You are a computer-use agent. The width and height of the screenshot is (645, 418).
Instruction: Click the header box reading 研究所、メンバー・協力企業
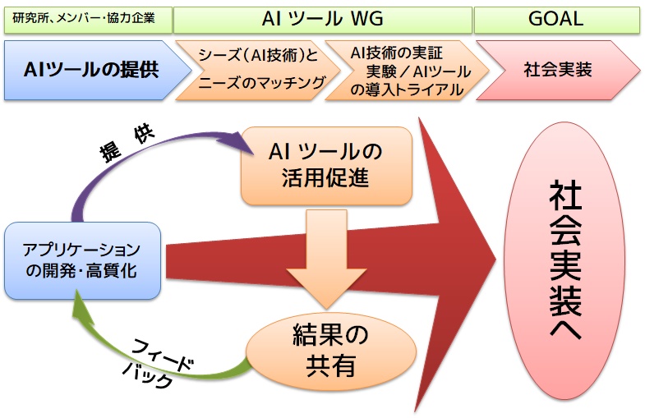click(x=88, y=20)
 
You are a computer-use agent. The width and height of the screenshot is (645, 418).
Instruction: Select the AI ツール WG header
click(x=322, y=20)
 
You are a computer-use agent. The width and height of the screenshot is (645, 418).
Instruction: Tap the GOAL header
click(x=557, y=20)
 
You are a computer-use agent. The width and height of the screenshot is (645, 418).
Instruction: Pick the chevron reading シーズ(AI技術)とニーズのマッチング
click(x=258, y=70)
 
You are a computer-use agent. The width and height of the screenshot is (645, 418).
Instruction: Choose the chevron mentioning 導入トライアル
click(x=408, y=70)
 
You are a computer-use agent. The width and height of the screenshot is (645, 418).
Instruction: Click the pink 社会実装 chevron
click(x=558, y=70)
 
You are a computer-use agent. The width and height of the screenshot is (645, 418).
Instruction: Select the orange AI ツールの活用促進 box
click(x=326, y=166)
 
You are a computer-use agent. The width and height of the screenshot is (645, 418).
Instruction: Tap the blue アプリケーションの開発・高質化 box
click(x=82, y=260)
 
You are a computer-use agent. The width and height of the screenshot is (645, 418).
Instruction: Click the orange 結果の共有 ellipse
click(x=331, y=351)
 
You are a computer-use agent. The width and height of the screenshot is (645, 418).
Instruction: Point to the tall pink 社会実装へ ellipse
click(x=564, y=260)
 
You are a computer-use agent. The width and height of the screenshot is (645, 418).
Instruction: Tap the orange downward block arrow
click(x=327, y=259)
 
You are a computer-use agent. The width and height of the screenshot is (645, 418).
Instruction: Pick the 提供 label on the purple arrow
click(x=127, y=144)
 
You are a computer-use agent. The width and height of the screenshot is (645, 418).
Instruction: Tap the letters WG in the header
click(x=367, y=19)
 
